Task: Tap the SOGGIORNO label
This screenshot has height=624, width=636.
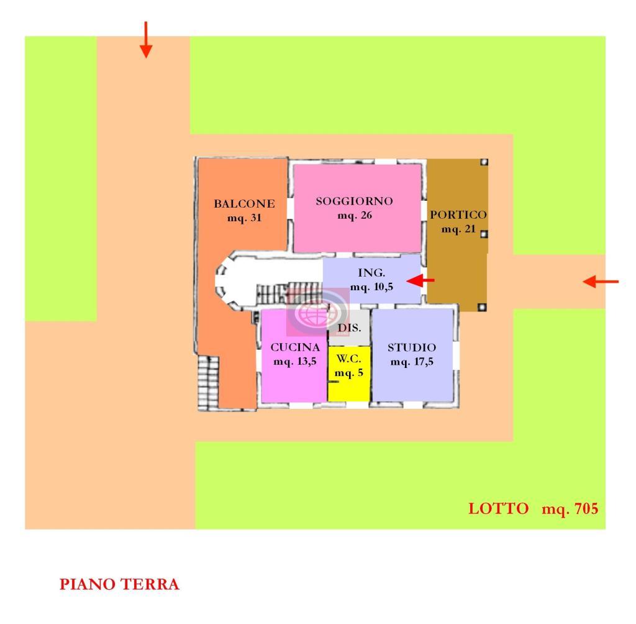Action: coord(354,201)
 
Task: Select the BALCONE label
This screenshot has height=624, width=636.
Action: coord(244,203)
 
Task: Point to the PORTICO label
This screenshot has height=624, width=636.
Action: coord(458,214)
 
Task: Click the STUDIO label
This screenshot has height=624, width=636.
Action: coord(412,347)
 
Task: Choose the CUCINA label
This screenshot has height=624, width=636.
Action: coord(295,347)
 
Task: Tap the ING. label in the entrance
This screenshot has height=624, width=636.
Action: coord(371,273)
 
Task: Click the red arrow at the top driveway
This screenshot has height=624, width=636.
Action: coord(145,40)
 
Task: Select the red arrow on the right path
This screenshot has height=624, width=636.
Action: coord(601,282)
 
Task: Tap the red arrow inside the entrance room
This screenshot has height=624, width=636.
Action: coord(424,281)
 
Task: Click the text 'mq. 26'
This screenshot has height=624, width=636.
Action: coord(355,216)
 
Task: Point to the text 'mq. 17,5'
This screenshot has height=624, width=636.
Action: coord(412,362)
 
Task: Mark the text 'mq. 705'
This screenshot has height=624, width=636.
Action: coord(570,509)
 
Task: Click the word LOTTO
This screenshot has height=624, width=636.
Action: coord(499,509)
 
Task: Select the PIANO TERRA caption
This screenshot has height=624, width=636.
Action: coord(119,584)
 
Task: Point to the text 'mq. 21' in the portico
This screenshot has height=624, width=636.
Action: coord(458,229)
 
